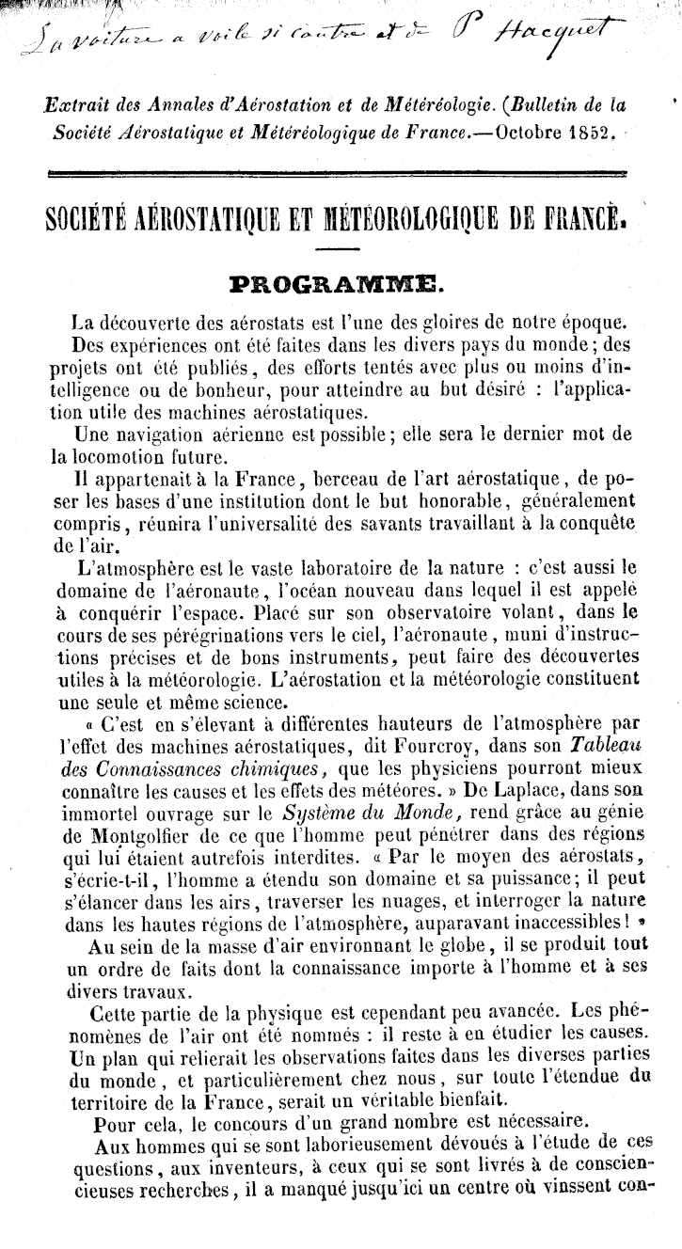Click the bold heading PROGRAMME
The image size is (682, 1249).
coord(341,282)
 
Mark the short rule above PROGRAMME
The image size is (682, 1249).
coord(341,248)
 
